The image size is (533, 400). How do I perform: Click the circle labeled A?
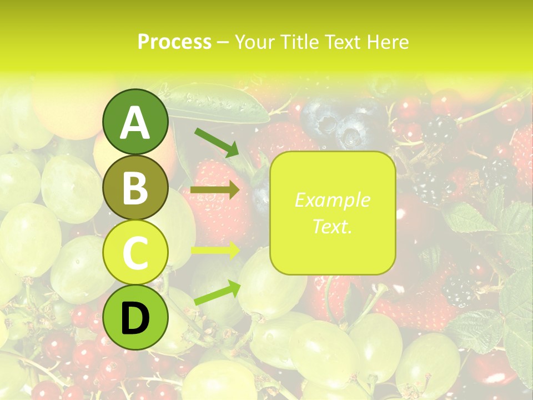tap(135, 122)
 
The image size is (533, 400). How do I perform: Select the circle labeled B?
tap(135, 187)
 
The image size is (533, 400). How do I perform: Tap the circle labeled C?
tap(135, 252)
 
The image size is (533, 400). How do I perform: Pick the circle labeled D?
tap(135, 317)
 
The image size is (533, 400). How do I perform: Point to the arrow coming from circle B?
tap(215, 190)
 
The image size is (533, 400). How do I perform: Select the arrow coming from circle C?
tap(215, 251)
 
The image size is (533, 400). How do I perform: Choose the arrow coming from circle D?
tap(217, 293)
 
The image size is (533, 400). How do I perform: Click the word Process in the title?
tap(174, 42)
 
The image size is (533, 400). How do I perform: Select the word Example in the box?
tap(332, 201)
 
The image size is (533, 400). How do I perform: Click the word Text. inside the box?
tap(332, 226)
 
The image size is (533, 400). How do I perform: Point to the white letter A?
tap(135, 123)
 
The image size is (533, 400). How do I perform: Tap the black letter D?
tap(135, 318)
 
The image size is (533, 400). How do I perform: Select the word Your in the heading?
tap(254, 42)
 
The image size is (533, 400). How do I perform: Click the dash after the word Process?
tap(223, 42)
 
